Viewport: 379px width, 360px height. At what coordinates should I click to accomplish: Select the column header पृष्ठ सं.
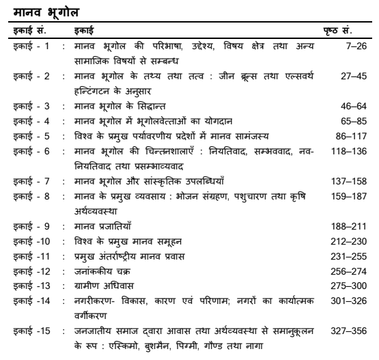tap(347, 31)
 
